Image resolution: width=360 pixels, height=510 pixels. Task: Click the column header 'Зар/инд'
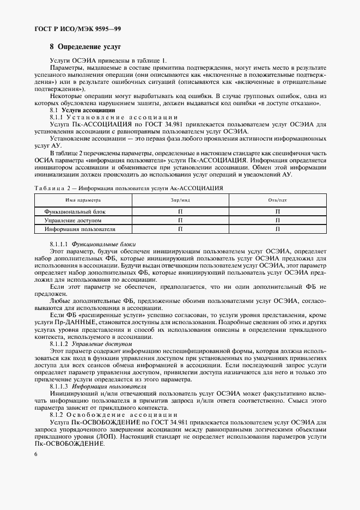[179, 201]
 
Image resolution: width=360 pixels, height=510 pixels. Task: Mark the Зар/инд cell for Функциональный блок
[179, 211]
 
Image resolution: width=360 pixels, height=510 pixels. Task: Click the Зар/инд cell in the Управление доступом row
[179, 220]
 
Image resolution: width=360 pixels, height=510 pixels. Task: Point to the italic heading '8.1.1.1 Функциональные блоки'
[93, 244]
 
